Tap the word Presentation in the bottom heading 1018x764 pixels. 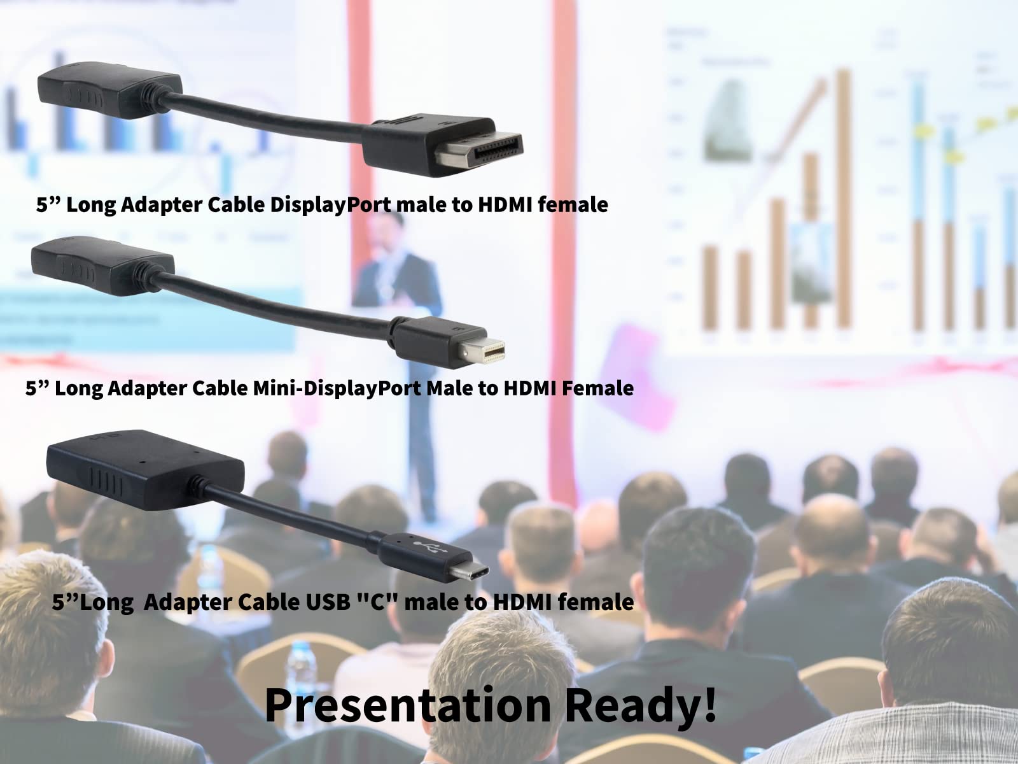[x=407, y=705]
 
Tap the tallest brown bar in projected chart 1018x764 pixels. [x=843, y=197]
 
